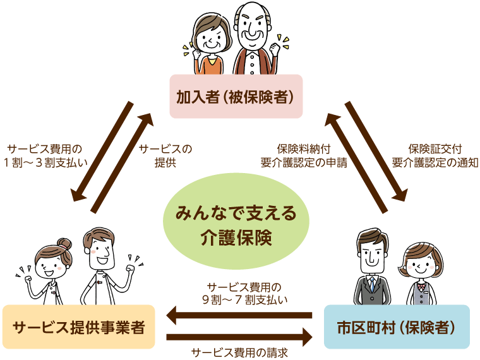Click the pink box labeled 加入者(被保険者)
tap(236, 97)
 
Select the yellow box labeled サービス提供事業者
tap(78, 327)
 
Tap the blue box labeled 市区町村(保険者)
tap(397, 327)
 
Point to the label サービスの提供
tap(165, 155)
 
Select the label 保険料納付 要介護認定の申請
tap(303, 155)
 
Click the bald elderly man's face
tap(254, 28)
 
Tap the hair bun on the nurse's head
tap(64, 243)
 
